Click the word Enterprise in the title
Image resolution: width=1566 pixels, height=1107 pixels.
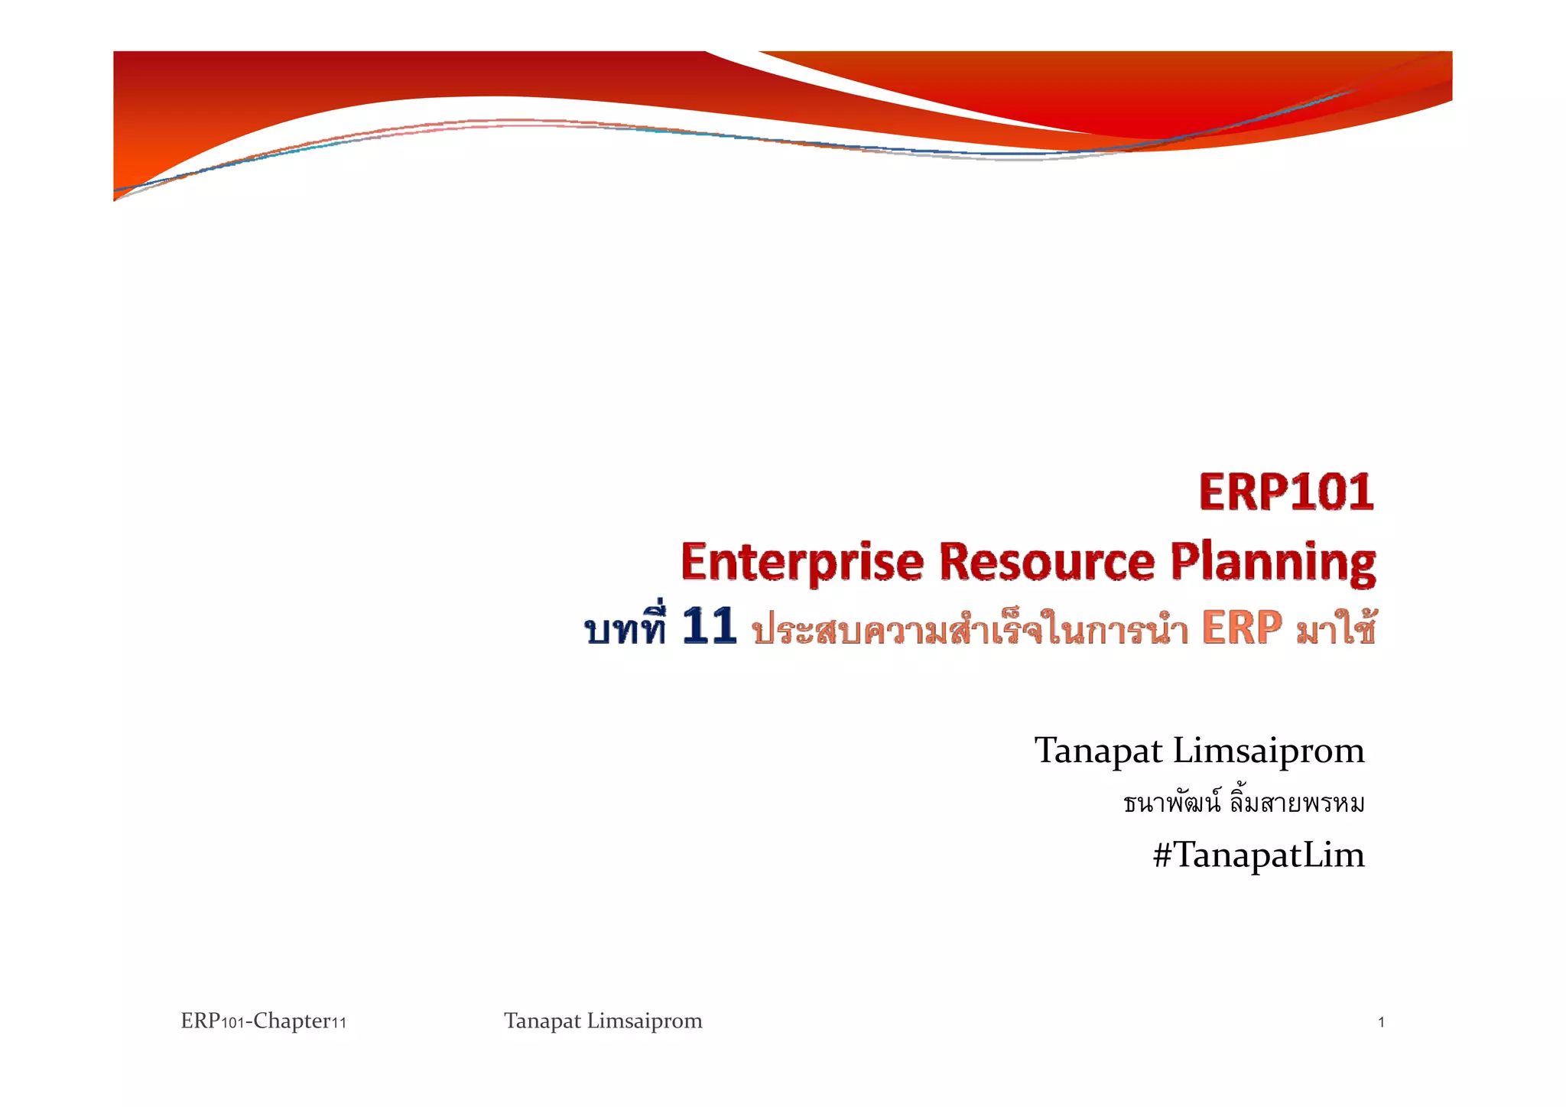(x=802, y=563)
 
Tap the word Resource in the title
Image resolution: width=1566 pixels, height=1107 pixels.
(x=1046, y=563)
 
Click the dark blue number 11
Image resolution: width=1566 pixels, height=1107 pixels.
(x=709, y=627)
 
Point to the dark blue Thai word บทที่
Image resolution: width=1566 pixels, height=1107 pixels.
(x=625, y=630)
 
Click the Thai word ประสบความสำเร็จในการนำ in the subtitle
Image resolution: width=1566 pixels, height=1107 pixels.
(x=970, y=631)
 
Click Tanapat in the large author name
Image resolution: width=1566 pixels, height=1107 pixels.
(x=1098, y=751)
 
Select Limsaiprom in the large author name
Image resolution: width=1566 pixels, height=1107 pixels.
(x=1269, y=751)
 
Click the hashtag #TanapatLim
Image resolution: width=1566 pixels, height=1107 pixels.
(x=1259, y=855)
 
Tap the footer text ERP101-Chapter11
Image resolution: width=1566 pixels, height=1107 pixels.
(x=263, y=1021)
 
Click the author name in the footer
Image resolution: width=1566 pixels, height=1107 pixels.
(x=603, y=1021)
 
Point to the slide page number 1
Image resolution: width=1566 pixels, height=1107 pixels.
(x=1381, y=1022)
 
